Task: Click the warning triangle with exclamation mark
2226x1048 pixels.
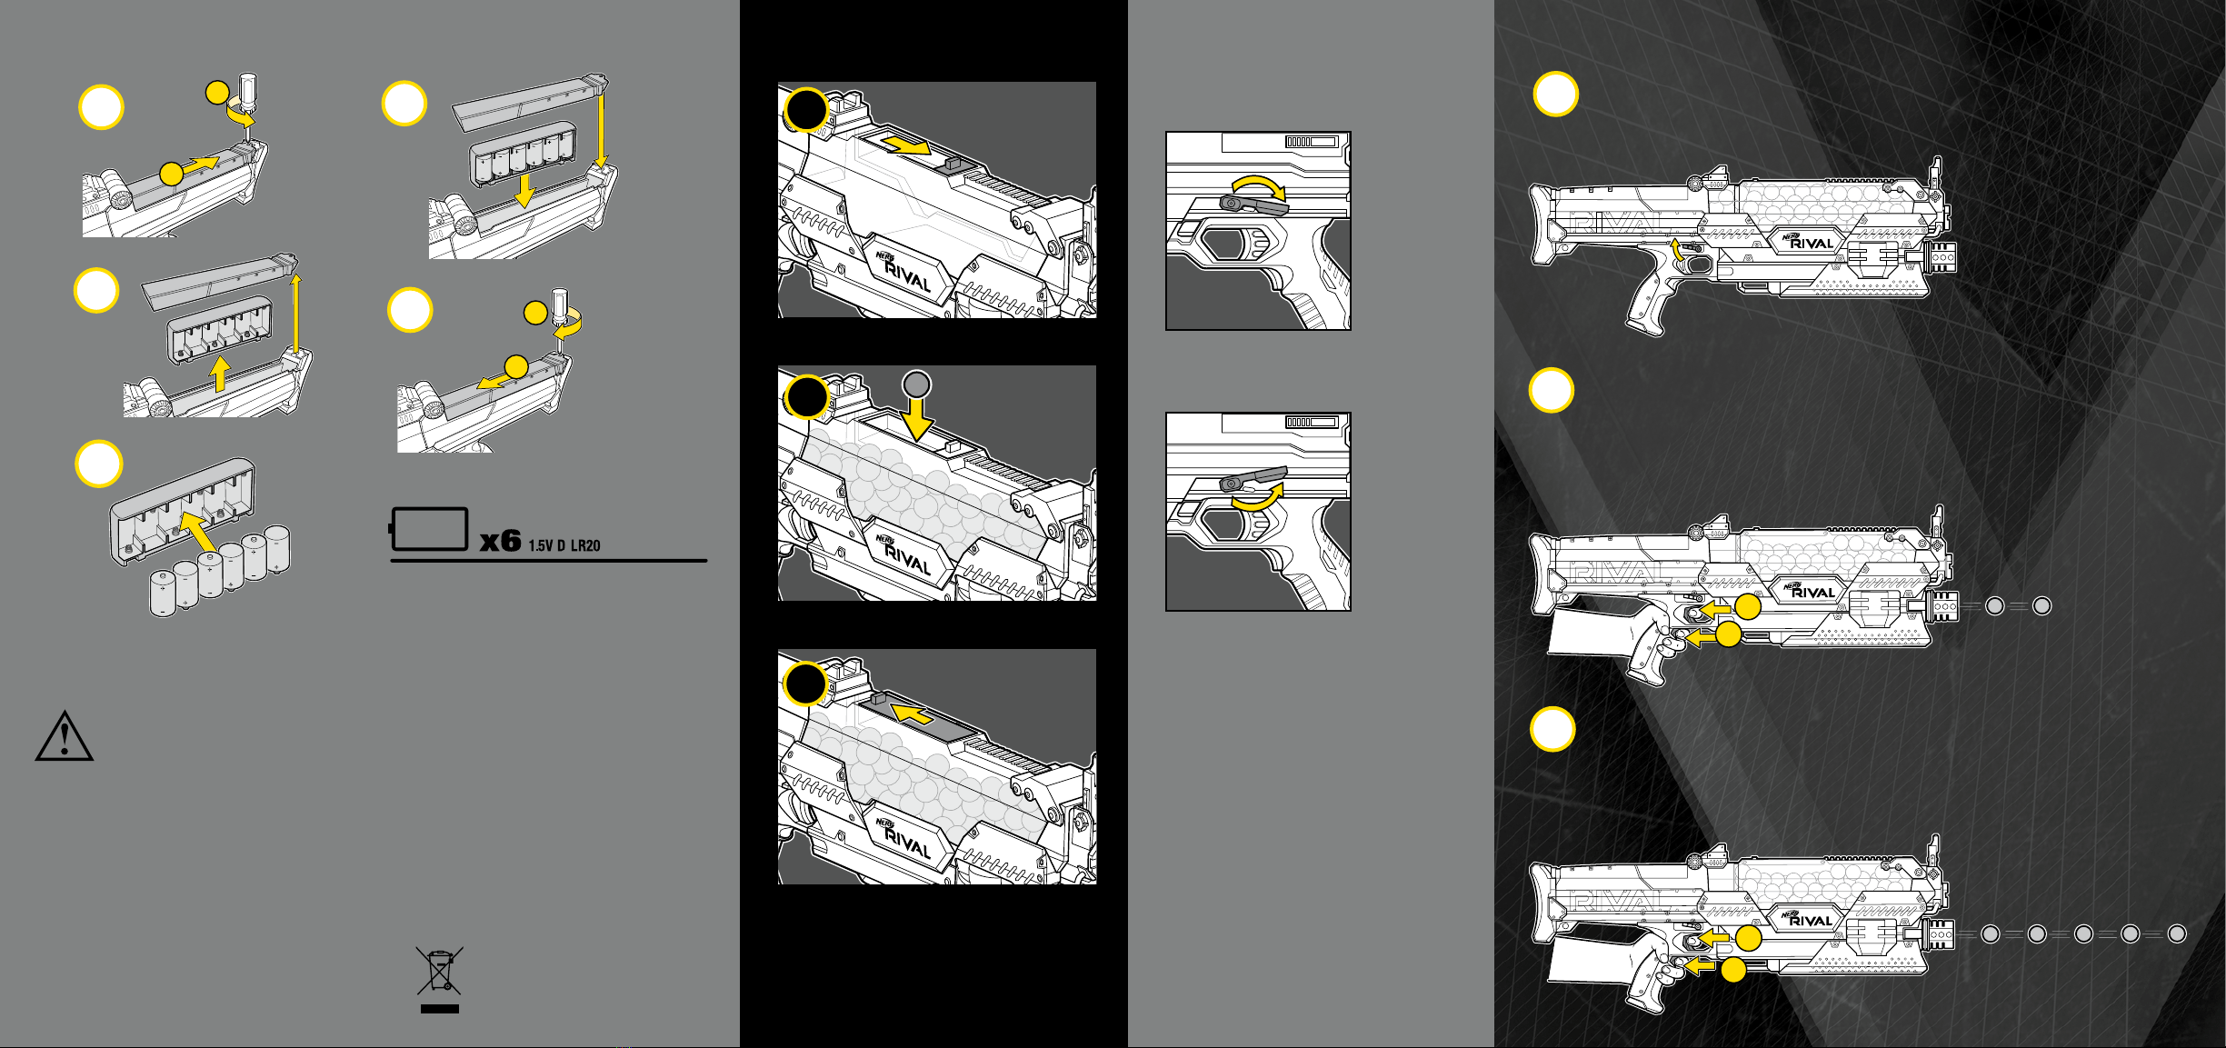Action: pyautogui.click(x=64, y=736)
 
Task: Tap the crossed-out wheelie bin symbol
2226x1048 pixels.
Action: pyautogui.click(x=440, y=971)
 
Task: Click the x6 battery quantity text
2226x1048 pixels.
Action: pyautogui.click(x=501, y=542)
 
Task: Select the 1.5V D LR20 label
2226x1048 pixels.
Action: pyautogui.click(x=564, y=545)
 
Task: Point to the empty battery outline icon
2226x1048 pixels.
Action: pyautogui.click(x=429, y=529)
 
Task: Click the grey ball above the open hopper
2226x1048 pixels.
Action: pyautogui.click(x=917, y=384)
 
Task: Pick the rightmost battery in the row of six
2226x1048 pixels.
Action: pyautogui.click(x=276, y=548)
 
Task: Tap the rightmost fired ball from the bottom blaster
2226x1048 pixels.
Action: pyautogui.click(x=2177, y=934)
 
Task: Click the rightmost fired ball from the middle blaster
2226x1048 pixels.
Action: pyautogui.click(x=2042, y=606)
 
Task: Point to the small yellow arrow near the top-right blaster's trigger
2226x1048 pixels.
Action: pyautogui.click(x=1679, y=255)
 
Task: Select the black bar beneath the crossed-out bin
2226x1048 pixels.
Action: pyautogui.click(x=440, y=1009)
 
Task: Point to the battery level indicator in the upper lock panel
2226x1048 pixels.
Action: pyautogui.click(x=1310, y=142)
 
